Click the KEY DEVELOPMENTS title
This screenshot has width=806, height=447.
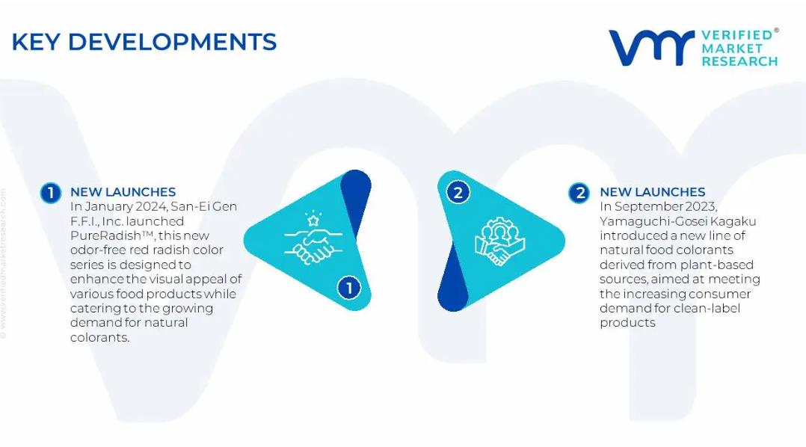tap(144, 42)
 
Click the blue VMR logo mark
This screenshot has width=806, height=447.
tap(651, 48)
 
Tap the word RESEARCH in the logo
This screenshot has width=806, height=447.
tap(739, 61)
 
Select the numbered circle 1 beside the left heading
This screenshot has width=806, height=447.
tap(51, 193)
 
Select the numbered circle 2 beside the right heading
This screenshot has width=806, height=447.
tap(579, 193)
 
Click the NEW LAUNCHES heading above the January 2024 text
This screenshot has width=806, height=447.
tap(123, 192)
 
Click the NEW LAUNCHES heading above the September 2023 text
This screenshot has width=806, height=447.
tap(652, 192)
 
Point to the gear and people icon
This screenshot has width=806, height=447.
tap(499, 241)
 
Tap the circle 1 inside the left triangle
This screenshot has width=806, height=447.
tap(349, 288)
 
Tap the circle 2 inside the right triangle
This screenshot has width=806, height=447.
tap(458, 193)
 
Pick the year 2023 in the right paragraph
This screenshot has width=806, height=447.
tap(700, 206)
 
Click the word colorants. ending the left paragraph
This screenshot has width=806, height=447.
tap(99, 338)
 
